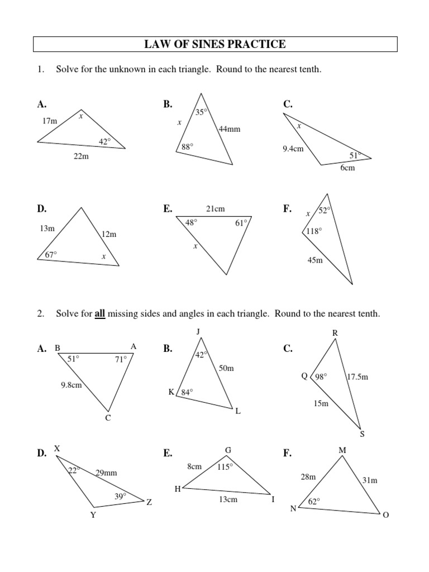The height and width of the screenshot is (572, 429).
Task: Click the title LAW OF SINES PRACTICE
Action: [215, 44]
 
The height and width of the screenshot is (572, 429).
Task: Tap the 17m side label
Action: [50, 121]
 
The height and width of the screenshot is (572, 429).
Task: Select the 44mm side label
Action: [229, 129]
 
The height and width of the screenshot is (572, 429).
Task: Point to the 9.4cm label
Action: [293, 149]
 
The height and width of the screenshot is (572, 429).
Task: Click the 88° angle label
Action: [187, 147]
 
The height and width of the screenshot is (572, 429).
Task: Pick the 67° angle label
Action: [51, 254]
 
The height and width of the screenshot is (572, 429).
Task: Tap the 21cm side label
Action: [215, 209]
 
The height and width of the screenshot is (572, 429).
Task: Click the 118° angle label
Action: [313, 231]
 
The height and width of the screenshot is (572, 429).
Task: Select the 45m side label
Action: [315, 259]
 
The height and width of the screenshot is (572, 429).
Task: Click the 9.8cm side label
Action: [71, 384]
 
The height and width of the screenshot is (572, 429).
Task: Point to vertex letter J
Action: [198, 332]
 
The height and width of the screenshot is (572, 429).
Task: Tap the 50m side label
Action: [226, 369]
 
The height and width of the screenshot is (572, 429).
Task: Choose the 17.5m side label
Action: [357, 377]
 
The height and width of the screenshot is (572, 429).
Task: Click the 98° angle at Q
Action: [321, 376]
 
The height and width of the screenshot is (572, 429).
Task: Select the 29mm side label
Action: [106, 473]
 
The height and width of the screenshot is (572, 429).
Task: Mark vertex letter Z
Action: [149, 502]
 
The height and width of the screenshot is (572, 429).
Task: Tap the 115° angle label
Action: [225, 467]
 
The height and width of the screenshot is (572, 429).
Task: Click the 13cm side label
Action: [228, 499]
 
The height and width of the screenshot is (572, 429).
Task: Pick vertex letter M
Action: [342, 450]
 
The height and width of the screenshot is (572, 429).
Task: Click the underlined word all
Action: [100, 314]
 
